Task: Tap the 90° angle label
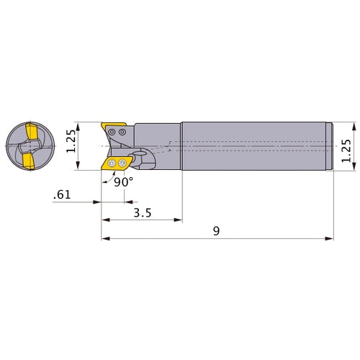[124, 182]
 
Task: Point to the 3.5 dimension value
[142, 213]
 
